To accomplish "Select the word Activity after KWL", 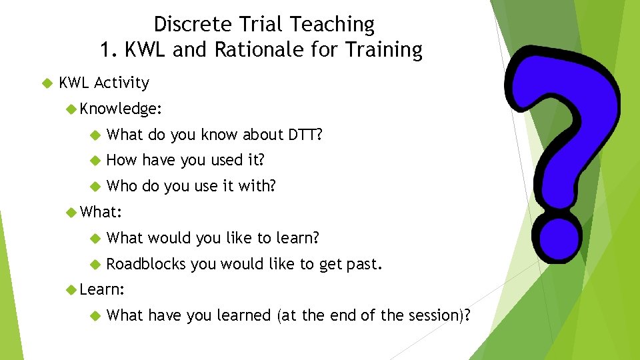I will [x=121, y=83].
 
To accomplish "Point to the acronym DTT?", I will [x=305, y=135].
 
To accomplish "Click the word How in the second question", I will [x=121, y=160].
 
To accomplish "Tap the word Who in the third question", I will [x=122, y=186].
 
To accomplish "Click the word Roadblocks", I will [x=146, y=264].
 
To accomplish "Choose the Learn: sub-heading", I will [x=102, y=289].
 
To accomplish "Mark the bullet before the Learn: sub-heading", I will [x=72, y=290].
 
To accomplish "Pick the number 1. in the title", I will [x=109, y=50].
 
